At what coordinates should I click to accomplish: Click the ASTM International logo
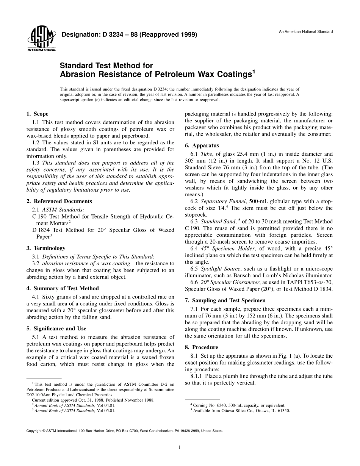click(x=41, y=39)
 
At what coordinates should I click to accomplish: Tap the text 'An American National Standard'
click(x=306, y=31)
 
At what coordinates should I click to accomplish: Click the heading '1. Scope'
click(x=38, y=114)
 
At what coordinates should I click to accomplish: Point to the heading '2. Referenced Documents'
click(x=59, y=201)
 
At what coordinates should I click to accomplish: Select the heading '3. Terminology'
click(x=46, y=248)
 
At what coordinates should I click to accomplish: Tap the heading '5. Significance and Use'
click(x=56, y=328)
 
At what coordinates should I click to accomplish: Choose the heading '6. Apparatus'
click(x=202, y=145)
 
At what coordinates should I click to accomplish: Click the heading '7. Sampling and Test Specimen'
click(x=225, y=300)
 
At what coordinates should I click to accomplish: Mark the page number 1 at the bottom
click(x=180, y=447)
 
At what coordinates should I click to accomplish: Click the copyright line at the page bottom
click(x=125, y=431)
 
